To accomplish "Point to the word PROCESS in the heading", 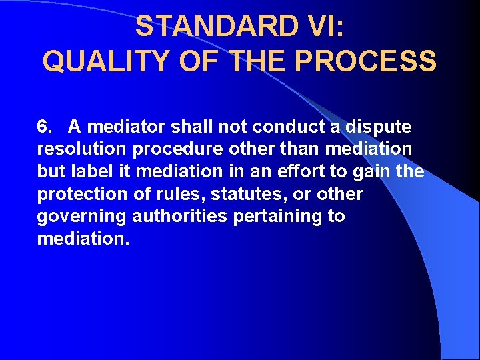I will (x=365, y=61).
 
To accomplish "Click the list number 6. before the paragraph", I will (x=45, y=126).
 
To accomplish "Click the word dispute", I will (x=379, y=127).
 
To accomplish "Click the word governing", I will (x=82, y=217).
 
